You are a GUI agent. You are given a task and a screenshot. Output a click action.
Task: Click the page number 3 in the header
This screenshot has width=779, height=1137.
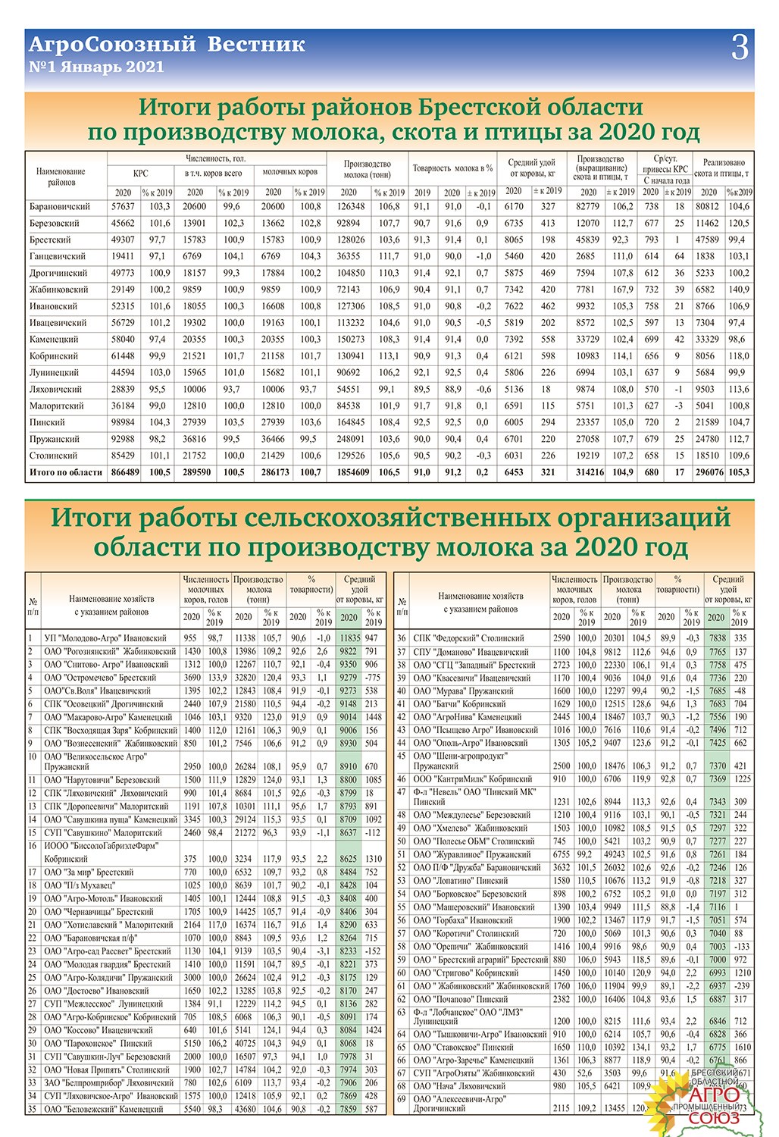[740, 48]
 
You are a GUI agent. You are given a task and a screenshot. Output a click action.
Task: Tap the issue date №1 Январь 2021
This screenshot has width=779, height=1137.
[96, 67]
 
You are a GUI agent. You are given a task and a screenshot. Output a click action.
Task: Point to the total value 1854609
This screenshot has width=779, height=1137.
[353, 472]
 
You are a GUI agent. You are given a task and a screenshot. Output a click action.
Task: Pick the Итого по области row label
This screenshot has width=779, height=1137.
[65, 472]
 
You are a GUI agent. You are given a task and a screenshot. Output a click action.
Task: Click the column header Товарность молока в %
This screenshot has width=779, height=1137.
[452, 168]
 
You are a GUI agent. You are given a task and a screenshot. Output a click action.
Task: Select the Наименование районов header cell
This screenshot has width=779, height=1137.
[61, 177]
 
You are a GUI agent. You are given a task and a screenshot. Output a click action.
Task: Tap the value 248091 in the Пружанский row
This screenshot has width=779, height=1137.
[351, 439]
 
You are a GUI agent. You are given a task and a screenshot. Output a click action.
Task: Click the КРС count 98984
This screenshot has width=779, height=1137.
[123, 422]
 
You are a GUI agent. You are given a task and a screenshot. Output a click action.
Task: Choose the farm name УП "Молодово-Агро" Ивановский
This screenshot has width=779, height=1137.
[105, 638]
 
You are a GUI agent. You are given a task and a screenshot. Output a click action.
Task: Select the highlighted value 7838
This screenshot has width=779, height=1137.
[717, 638]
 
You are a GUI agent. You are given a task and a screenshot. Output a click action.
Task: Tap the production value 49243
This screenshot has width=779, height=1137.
[616, 854]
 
